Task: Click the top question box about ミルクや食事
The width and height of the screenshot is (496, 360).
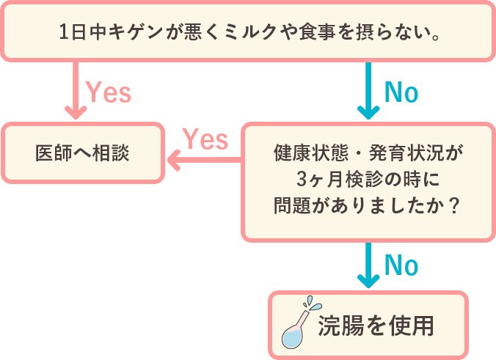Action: coord(247,31)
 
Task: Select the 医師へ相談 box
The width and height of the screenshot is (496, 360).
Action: coord(82,153)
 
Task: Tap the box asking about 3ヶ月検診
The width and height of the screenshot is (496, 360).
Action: coord(368,180)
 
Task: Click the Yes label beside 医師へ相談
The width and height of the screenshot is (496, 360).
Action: coord(205,139)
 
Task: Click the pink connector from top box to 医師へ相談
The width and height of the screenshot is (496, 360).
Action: coord(76,92)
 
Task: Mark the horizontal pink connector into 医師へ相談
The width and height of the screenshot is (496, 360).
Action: coord(203,161)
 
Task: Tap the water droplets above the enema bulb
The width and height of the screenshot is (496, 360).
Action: coord(313,303)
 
